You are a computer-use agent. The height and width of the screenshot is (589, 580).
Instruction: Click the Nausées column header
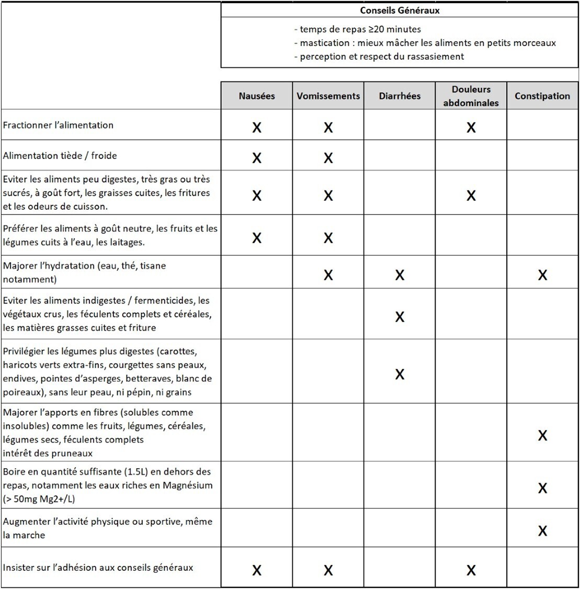[x=256, y=96]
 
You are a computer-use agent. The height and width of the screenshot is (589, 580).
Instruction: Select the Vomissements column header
[x=328, y=96]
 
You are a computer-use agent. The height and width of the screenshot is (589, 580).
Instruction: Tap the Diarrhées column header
[x=400, y=96]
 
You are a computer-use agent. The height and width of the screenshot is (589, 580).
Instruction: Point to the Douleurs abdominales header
[x=471, y=96]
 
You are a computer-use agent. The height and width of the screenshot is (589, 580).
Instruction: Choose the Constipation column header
[x=542, y=96]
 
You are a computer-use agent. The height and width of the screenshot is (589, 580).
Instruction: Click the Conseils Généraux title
[x=400, y=10]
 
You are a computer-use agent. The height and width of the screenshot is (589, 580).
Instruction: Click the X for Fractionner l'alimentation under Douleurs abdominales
[x=471, y=127]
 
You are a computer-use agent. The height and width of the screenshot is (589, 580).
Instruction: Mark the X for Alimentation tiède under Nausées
[x=256, y=158]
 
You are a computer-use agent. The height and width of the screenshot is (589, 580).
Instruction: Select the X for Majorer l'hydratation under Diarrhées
[x=400, y=275]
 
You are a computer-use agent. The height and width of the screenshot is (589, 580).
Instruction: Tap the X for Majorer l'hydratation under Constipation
[x=542, y=275]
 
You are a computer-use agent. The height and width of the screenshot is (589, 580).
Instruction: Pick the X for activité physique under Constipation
[x=542, y=531]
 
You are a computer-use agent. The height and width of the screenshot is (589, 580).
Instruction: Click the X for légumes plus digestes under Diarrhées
[x=400, y=374]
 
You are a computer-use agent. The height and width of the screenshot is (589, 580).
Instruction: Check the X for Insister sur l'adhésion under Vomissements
[x=328, y=570]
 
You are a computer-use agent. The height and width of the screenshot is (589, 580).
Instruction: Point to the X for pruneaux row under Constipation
[x=542, y=435]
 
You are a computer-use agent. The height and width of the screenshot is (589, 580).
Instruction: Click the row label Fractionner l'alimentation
[x=58, y=125]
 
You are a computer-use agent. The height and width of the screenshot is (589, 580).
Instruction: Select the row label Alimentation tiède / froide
[x=60, y=155]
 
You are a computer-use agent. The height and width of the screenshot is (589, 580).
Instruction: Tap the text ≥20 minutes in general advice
[x=398, y=29]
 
